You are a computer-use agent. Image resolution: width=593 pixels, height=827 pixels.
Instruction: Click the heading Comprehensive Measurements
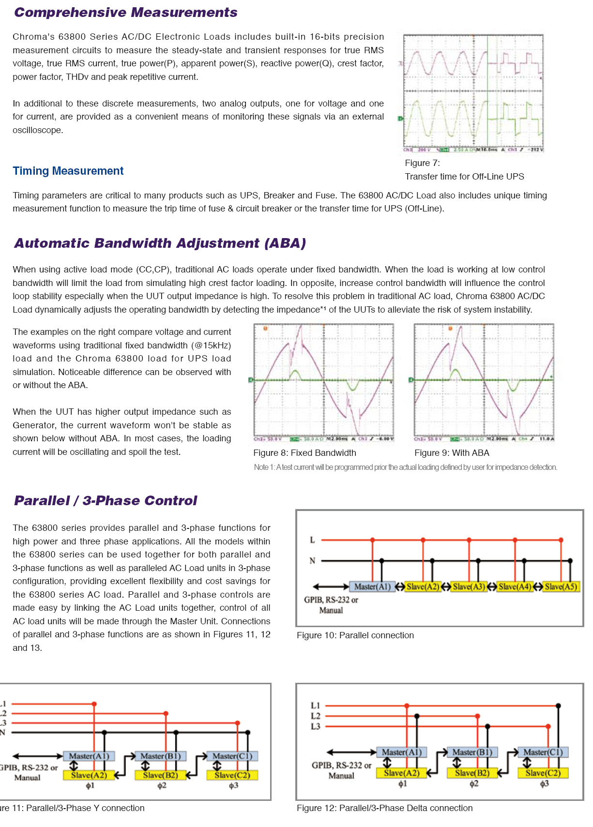coord(126,13)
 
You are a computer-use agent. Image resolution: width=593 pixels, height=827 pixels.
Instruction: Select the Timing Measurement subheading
coord(68,171)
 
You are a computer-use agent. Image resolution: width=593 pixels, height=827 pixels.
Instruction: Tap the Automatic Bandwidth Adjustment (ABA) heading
coord(160,243)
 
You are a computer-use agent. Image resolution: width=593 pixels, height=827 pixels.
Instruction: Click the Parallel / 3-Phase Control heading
coord(106,500)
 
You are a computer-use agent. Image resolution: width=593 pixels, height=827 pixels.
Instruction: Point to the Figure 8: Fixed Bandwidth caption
coord(304,453)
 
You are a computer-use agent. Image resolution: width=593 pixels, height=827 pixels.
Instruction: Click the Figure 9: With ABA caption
coord(452,453)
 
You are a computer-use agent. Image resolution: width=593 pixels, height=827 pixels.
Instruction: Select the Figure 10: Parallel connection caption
coord(355,635)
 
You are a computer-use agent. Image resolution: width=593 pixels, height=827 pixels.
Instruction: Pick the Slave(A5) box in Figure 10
coord(561,587)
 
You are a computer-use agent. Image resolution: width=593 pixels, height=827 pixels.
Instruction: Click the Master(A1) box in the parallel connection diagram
coord(372,587)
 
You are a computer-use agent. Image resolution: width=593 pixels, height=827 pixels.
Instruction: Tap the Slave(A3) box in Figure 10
coord(469,587)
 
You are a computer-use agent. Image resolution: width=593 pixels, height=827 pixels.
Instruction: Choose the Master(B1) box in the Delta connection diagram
coord(472,752)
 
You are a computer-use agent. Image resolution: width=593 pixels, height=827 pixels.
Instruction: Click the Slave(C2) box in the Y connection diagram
coord(232,775)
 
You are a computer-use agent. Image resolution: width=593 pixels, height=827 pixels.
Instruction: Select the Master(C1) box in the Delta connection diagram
coord(543,752)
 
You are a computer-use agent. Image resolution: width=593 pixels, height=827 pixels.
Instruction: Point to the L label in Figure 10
coord(312,540)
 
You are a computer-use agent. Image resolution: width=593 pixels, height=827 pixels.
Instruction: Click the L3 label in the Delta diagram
coord(315,726)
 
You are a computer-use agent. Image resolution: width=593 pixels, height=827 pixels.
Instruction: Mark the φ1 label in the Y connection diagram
coord(90,786)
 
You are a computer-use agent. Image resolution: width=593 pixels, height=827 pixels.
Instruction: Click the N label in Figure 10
coord(312,561)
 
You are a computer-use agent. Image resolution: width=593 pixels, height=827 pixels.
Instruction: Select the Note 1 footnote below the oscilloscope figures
coord(405,467)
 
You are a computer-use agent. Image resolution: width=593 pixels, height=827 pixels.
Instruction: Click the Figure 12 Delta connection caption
coord(384,808)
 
